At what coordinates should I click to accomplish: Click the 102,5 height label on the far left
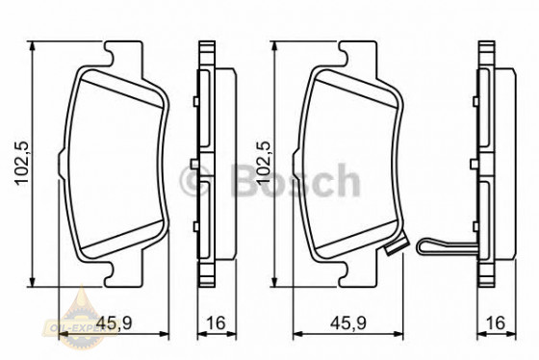[14, 161]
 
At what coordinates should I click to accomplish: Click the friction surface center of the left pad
[116, 164]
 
